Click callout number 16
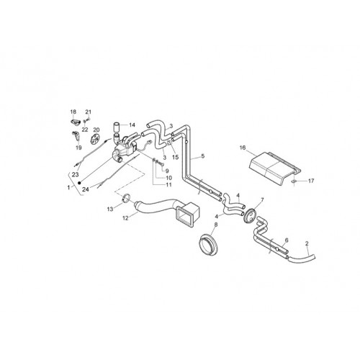point(243,148)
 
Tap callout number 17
point(311,181)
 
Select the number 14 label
point(132,125)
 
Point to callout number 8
point(216,225)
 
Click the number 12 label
point(125,218)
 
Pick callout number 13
point(110,210)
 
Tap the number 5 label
point(203,156)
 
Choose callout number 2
point(307,243)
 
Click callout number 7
point(262,199)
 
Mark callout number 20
point(96,130)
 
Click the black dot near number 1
point(79,183)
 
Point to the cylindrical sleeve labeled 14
point(117,127)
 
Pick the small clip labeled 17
point(293,182)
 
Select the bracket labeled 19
point(76,136)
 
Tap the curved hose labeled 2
point(301,259)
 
